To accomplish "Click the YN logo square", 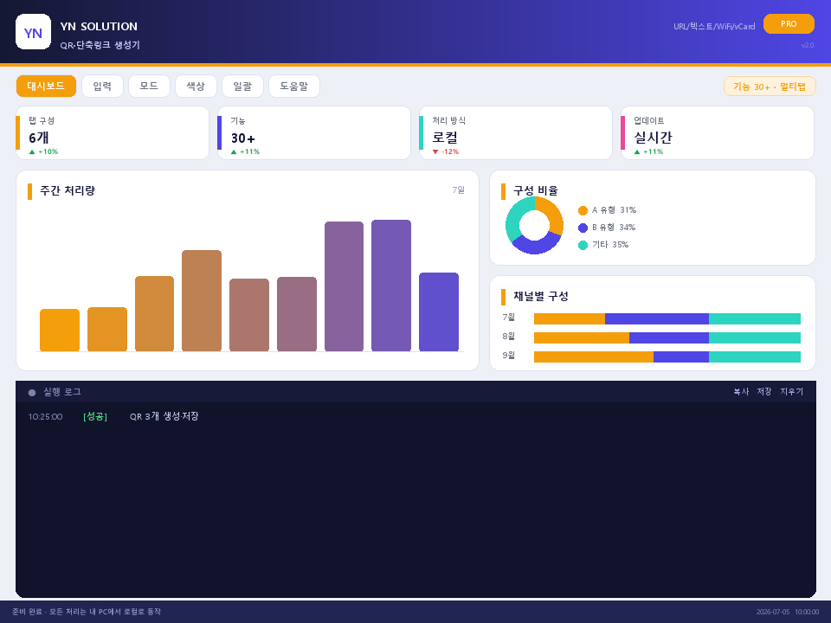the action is click(x=33, y=32).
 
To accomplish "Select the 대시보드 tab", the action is click(x=46, y=86).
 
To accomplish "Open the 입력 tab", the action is click(x=102, y=86).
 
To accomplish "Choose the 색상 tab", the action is click(x=196, y=86).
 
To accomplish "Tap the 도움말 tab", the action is click(x=294, y=86).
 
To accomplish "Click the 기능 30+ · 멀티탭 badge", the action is click(x=770, y=87).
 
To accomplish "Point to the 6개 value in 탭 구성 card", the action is click(x=39, y=138).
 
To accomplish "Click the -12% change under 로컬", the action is click(x=446, y=151).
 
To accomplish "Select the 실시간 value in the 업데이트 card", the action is click(x=653, y=138).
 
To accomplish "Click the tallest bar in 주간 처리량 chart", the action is click(x=391, y=286).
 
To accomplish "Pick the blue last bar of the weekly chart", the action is click(x=439, y=312).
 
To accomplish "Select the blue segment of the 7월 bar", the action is click(x=657, y=318).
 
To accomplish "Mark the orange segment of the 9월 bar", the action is click(x=594, y=356).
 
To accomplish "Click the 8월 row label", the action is click(x=508, y=337).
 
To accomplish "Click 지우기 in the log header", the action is click(x=791, y=391).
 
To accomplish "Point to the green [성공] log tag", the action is click(x=95, y=416).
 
